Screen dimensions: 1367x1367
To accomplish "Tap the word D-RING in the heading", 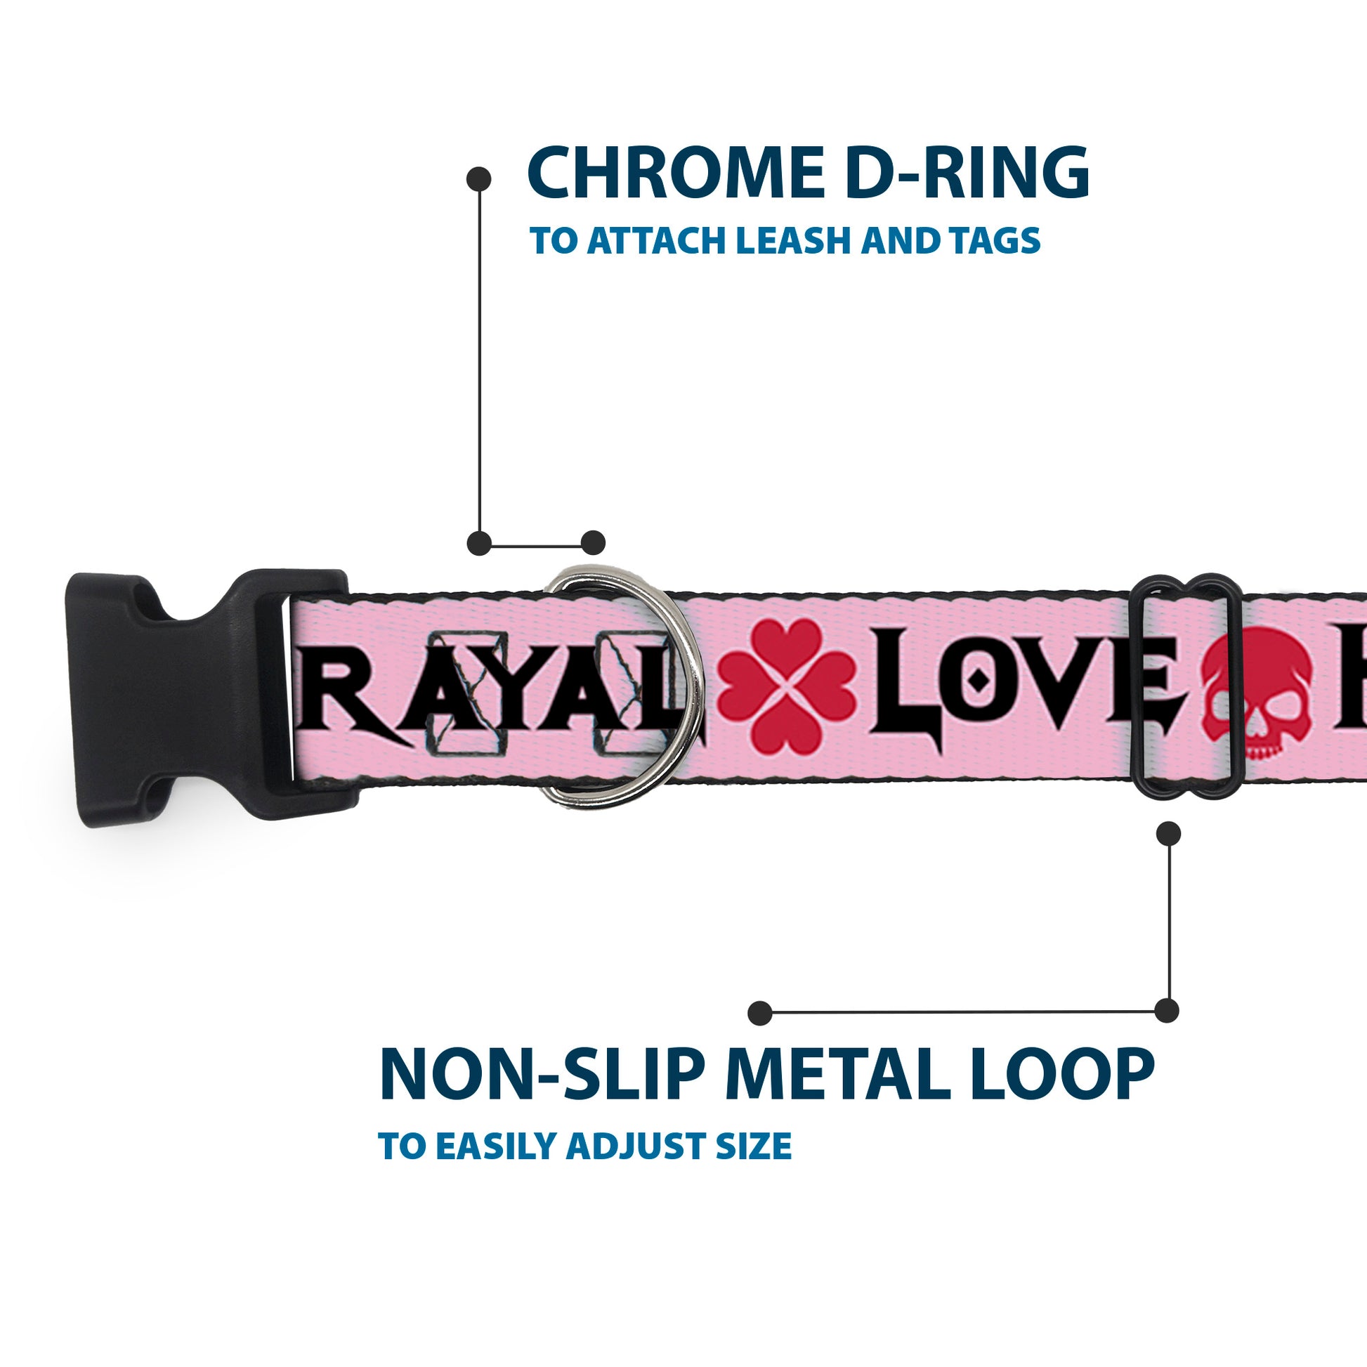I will [967, 174].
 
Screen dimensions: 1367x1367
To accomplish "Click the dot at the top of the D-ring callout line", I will [479, 179].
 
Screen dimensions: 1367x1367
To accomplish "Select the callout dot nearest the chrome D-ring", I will [593, 543].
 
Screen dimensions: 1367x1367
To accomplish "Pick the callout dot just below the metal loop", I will [1168, 833].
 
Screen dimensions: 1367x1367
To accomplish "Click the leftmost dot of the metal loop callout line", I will [760, 1012].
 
